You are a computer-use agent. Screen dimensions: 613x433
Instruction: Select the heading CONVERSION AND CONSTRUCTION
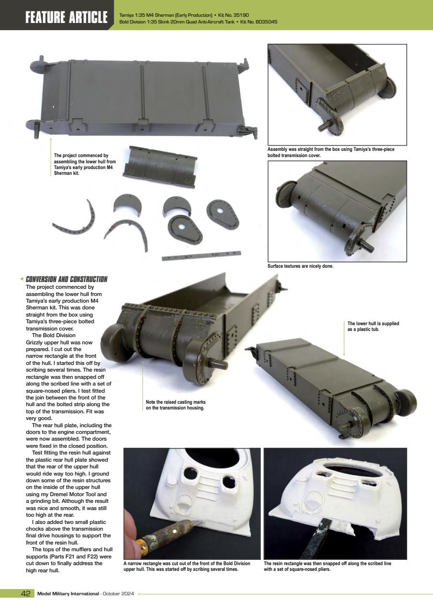tap(67, 279)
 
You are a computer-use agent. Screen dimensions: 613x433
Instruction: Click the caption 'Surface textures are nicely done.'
tap(300, 266)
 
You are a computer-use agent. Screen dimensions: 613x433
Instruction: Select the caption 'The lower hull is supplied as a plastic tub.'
tap(373, 326)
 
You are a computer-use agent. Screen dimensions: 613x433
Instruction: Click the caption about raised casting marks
tap(175, 405)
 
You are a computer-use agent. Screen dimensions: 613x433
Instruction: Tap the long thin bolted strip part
tap(201, 256)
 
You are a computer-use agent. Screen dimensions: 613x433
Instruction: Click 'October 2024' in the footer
tap(118, 594)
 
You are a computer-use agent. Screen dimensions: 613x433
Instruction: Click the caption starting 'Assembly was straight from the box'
tap(331, 152)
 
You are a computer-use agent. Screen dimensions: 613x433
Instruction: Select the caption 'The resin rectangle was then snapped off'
tap(327, 567)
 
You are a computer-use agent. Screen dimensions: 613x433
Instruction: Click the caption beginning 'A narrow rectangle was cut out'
tap(187, 567)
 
